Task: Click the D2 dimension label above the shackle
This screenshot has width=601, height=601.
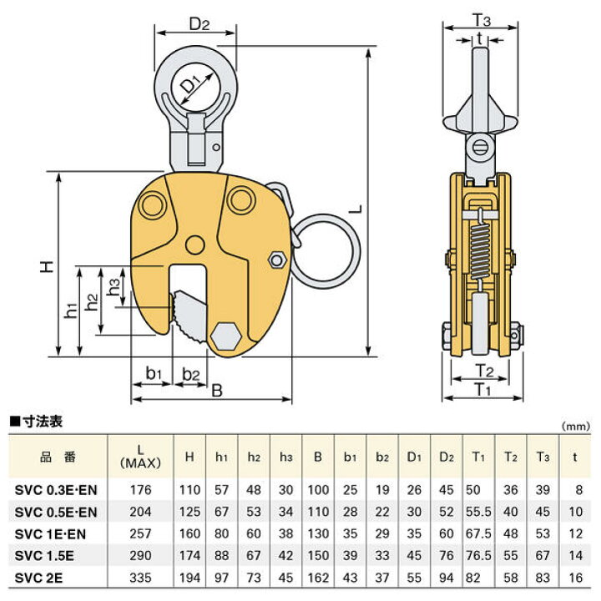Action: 199,24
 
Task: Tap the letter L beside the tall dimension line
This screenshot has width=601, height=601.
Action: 356,210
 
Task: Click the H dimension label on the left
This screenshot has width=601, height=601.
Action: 47,266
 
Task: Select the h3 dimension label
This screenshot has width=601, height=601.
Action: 114,286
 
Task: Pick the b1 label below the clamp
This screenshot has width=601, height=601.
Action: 154,372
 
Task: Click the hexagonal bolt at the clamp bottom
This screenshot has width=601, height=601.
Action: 225,337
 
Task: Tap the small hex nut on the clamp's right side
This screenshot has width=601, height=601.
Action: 277,260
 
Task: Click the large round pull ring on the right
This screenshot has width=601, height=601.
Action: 326,249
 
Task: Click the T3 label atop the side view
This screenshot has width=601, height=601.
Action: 482,19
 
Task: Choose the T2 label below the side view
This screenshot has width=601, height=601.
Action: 483,371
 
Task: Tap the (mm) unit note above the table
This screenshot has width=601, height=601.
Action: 576,427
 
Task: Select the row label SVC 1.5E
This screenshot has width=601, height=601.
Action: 44,555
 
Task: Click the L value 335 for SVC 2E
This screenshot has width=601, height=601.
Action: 140,578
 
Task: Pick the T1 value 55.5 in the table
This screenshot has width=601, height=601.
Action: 478,512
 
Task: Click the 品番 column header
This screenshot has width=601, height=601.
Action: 58,457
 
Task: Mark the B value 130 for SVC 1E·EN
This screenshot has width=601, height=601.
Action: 318,533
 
